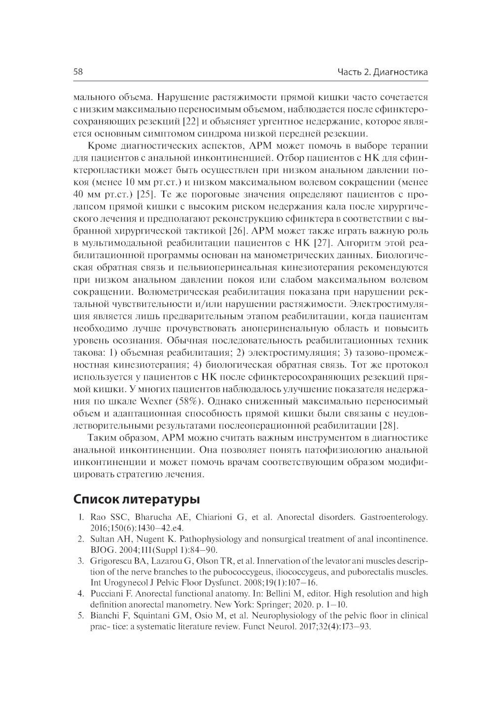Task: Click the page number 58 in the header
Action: coord(78,72)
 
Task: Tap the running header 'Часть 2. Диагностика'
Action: coord(382,73)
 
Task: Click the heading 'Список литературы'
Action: coord(137,499)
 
